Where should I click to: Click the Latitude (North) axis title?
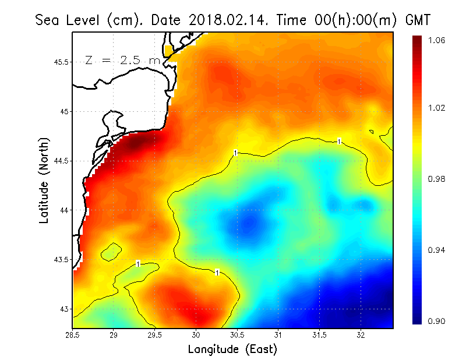click(x=44, y=179)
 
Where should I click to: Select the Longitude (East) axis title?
click(x=232, y=349)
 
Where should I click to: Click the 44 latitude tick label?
click(x=63, y=210)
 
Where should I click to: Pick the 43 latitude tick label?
click(x=63, y=309)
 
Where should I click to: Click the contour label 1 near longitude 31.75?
click(x=339, y=141)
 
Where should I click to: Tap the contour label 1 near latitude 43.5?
click(x=138, y=264)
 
